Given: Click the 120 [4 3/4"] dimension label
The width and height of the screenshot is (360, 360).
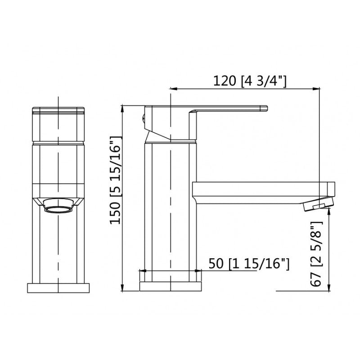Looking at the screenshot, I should pyautogui.click(x=250, y=81).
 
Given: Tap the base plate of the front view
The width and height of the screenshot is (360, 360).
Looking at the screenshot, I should pyautogui.click(x=58, y=288).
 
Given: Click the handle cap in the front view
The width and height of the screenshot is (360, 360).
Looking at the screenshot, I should pyautogui.click(x=58, y=124).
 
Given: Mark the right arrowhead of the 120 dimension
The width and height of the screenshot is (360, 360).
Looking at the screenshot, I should pyautogui.click(x=316, y=88).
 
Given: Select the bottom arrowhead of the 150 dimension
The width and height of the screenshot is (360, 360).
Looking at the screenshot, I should pyautogui.click(x=123, y=288).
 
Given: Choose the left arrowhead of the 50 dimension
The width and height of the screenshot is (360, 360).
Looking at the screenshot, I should pyautogui.click(x=143, y=271).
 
